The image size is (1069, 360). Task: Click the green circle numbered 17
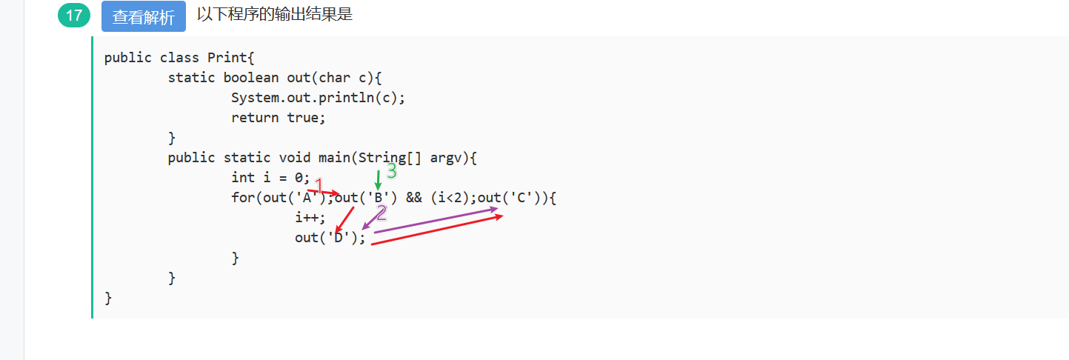pos(73,15)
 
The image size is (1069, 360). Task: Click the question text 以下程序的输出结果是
pos(275,14)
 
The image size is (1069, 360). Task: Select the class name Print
pos(227,58)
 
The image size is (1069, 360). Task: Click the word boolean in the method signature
pos(251,78)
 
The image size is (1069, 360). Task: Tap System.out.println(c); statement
pos(319,98)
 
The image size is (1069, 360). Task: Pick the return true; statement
pos(279,118)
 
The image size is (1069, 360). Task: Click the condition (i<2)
pos(450,198)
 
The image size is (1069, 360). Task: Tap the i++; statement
pos(310,218)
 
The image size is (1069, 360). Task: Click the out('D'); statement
pos(330,238)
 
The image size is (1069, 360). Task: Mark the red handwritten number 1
pos(319,184)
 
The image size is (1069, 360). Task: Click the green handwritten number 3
pos(392,171)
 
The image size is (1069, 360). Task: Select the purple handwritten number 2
pos(382,213)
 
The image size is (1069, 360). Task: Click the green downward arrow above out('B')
pos(378,179)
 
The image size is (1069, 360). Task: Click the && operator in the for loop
pos(414,198)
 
